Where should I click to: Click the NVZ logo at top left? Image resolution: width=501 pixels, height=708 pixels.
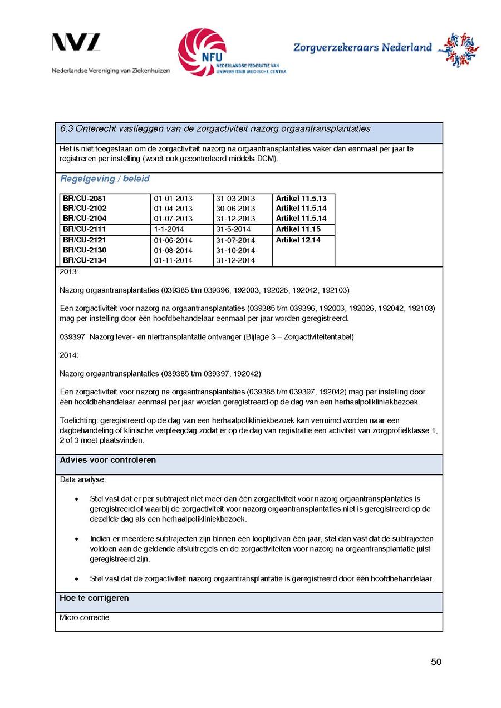pos(76,43)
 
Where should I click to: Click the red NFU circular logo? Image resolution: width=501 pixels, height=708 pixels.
pos(202,52)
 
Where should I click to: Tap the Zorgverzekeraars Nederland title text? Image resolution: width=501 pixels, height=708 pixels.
pos(362,48)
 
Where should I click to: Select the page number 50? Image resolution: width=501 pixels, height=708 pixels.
pos(436,661)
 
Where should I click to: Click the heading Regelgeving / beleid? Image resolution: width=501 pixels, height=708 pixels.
pos(105,179)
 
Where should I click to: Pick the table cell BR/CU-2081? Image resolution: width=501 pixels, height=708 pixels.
pos(85,199)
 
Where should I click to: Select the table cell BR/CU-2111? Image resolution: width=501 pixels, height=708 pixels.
pos(85,229)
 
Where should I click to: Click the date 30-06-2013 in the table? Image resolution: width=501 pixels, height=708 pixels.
pos(235,209)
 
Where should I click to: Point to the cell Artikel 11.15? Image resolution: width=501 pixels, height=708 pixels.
pos(298,229)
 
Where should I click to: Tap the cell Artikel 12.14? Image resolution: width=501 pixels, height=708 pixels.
pos(298,240)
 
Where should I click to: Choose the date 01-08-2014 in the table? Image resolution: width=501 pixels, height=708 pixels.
pos(173,250)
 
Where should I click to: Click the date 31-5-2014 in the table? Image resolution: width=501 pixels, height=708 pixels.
pos(233,229)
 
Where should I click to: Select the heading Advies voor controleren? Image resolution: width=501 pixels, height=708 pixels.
pos(108,460)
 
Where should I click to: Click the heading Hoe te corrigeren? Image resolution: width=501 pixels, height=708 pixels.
pos(94,598)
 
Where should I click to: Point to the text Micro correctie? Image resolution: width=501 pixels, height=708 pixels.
pos(85,617)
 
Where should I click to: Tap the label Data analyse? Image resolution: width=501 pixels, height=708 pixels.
pos(82,479)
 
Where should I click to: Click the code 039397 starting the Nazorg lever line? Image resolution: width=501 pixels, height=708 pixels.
pos(71,336)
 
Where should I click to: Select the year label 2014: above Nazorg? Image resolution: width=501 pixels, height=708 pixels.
pos(70,355)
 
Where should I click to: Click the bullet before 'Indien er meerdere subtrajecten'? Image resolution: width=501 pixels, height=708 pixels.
pos(76,539)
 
